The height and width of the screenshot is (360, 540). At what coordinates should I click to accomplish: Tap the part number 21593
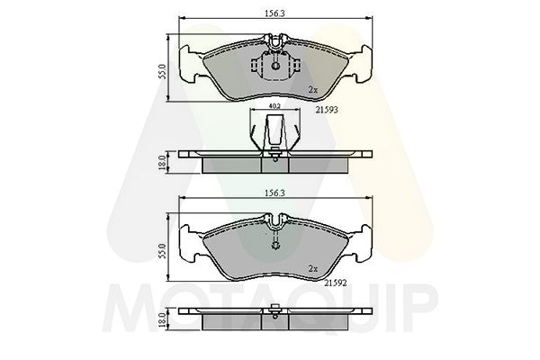tap(326, 111)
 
